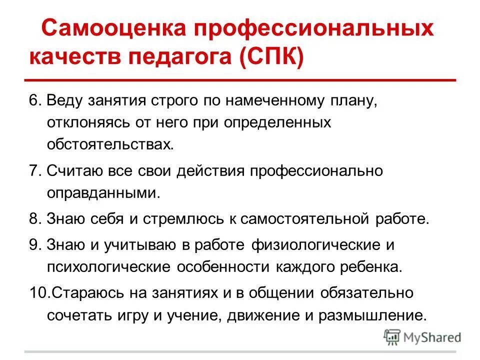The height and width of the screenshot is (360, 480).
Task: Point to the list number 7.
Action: coord(33,171)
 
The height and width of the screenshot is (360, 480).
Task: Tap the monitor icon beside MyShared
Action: coord(392,337)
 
